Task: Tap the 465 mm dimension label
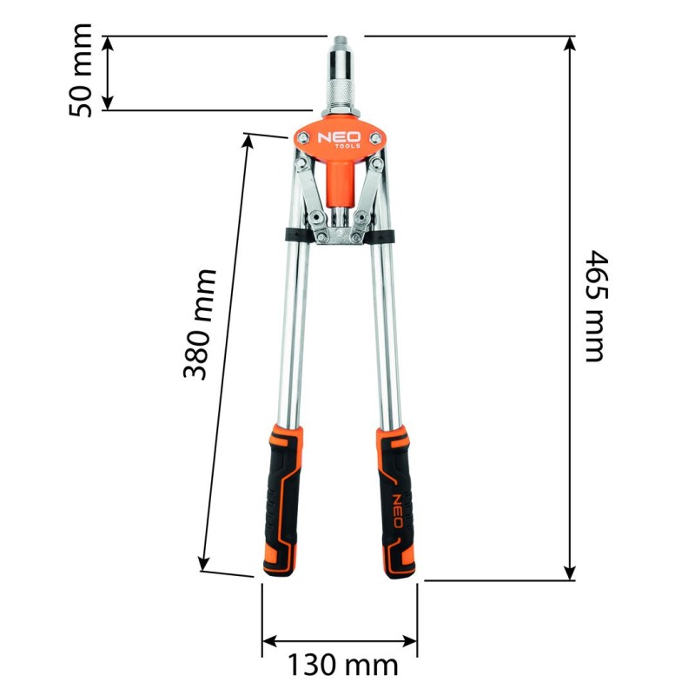[593, 306]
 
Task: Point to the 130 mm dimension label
[342, 665]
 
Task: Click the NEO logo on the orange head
[339, 138]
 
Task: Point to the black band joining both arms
[339, 235]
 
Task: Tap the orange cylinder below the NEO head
[339, 178]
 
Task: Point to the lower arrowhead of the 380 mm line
[204, 563]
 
